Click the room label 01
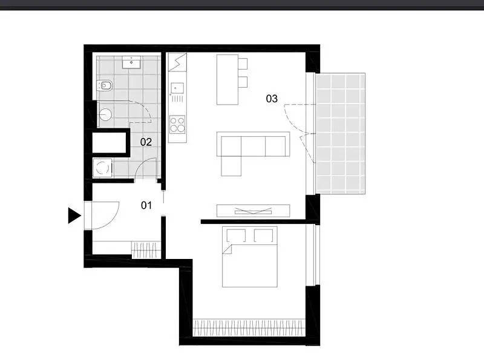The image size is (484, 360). pos(146,205)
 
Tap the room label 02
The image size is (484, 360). pos(146,142)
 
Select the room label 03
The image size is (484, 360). pos(272,99)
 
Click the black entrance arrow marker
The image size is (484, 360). pos(74,215)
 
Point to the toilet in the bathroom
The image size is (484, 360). pos(105,85)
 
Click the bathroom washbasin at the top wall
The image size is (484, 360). pos(131,62)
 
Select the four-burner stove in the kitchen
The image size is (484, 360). pos(177,124)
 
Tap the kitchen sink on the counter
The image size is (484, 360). pos(177,88)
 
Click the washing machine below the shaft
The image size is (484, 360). pos(102,168)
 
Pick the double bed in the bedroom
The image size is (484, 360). pos(250,257)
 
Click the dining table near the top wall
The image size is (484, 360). pos(227,80)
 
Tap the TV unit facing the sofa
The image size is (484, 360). pos(253,211)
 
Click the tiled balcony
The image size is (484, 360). pos(340,133)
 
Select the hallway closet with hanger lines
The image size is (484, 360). pos(146,250)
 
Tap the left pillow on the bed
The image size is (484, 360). pos(236,235)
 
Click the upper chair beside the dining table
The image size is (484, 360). pos(243,64)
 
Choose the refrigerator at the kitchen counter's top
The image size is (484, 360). pos(177,62)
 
